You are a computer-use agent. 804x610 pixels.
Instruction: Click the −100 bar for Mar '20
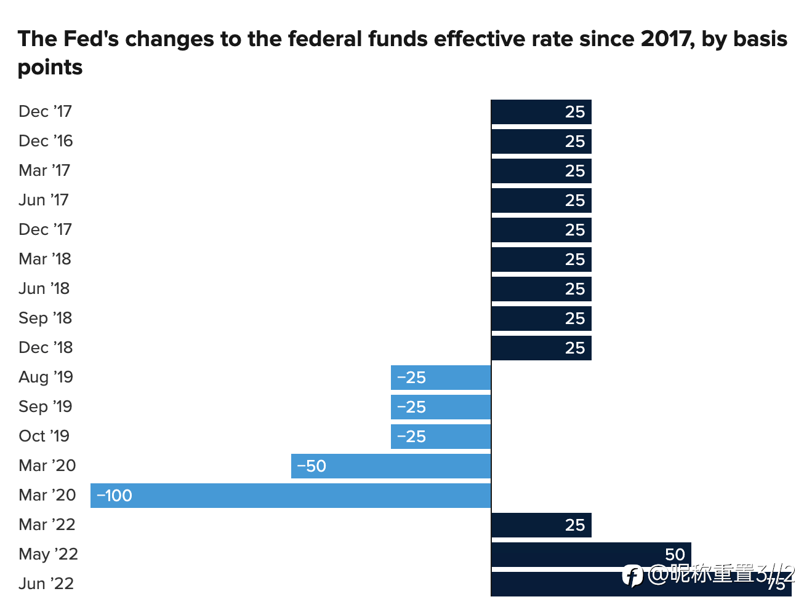291,496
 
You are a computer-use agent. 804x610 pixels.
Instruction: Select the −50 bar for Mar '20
391,466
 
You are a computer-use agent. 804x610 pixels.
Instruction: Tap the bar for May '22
591,555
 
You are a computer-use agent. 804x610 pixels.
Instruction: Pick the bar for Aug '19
441,378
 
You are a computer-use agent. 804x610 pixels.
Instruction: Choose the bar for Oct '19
441,437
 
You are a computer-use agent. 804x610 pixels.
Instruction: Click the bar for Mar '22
541,525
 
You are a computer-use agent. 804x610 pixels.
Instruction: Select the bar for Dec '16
541,141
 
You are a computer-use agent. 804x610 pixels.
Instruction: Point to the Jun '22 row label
46,584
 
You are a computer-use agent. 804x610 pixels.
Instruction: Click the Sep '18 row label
45,318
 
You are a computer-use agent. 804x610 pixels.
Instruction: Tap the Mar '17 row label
44,170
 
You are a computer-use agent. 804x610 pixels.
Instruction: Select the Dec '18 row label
46,347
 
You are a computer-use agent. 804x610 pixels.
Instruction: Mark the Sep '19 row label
45,406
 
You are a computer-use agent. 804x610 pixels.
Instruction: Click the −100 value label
114,496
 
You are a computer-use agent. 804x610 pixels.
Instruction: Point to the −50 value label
312,466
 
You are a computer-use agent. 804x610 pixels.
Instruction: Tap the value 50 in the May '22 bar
675,555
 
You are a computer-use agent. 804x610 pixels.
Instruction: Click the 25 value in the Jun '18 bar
575,289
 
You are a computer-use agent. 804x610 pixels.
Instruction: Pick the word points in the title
50,68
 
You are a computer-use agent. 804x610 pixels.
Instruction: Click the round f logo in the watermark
632,576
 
